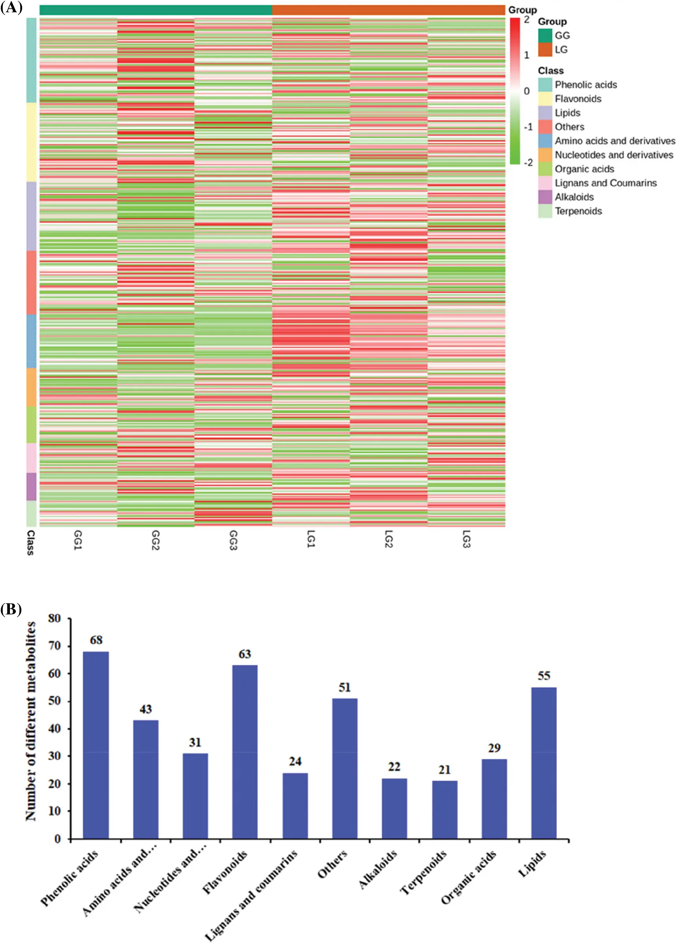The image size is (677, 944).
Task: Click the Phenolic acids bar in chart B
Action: [96, 745]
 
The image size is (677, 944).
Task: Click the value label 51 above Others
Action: [344, 687]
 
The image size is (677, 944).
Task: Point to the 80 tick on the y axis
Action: [55, 618]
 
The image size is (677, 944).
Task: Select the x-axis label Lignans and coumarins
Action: [252, 895]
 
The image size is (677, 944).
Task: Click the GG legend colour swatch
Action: [545, 35]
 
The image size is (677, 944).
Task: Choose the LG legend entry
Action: [561, 50]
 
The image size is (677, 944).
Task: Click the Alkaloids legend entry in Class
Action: [574, 197]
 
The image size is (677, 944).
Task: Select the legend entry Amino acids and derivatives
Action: [614, 141]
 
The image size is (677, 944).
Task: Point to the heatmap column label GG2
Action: [155, 540]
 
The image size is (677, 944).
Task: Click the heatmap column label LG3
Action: [466, 539]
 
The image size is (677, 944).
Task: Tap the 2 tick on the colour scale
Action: [527, 19]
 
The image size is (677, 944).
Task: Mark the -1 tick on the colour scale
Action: [528, 127]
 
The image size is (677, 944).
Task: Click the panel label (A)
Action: [11, 8]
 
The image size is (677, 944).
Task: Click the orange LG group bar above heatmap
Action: [389, 10]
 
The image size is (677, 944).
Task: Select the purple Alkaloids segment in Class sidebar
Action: [31, 486]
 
